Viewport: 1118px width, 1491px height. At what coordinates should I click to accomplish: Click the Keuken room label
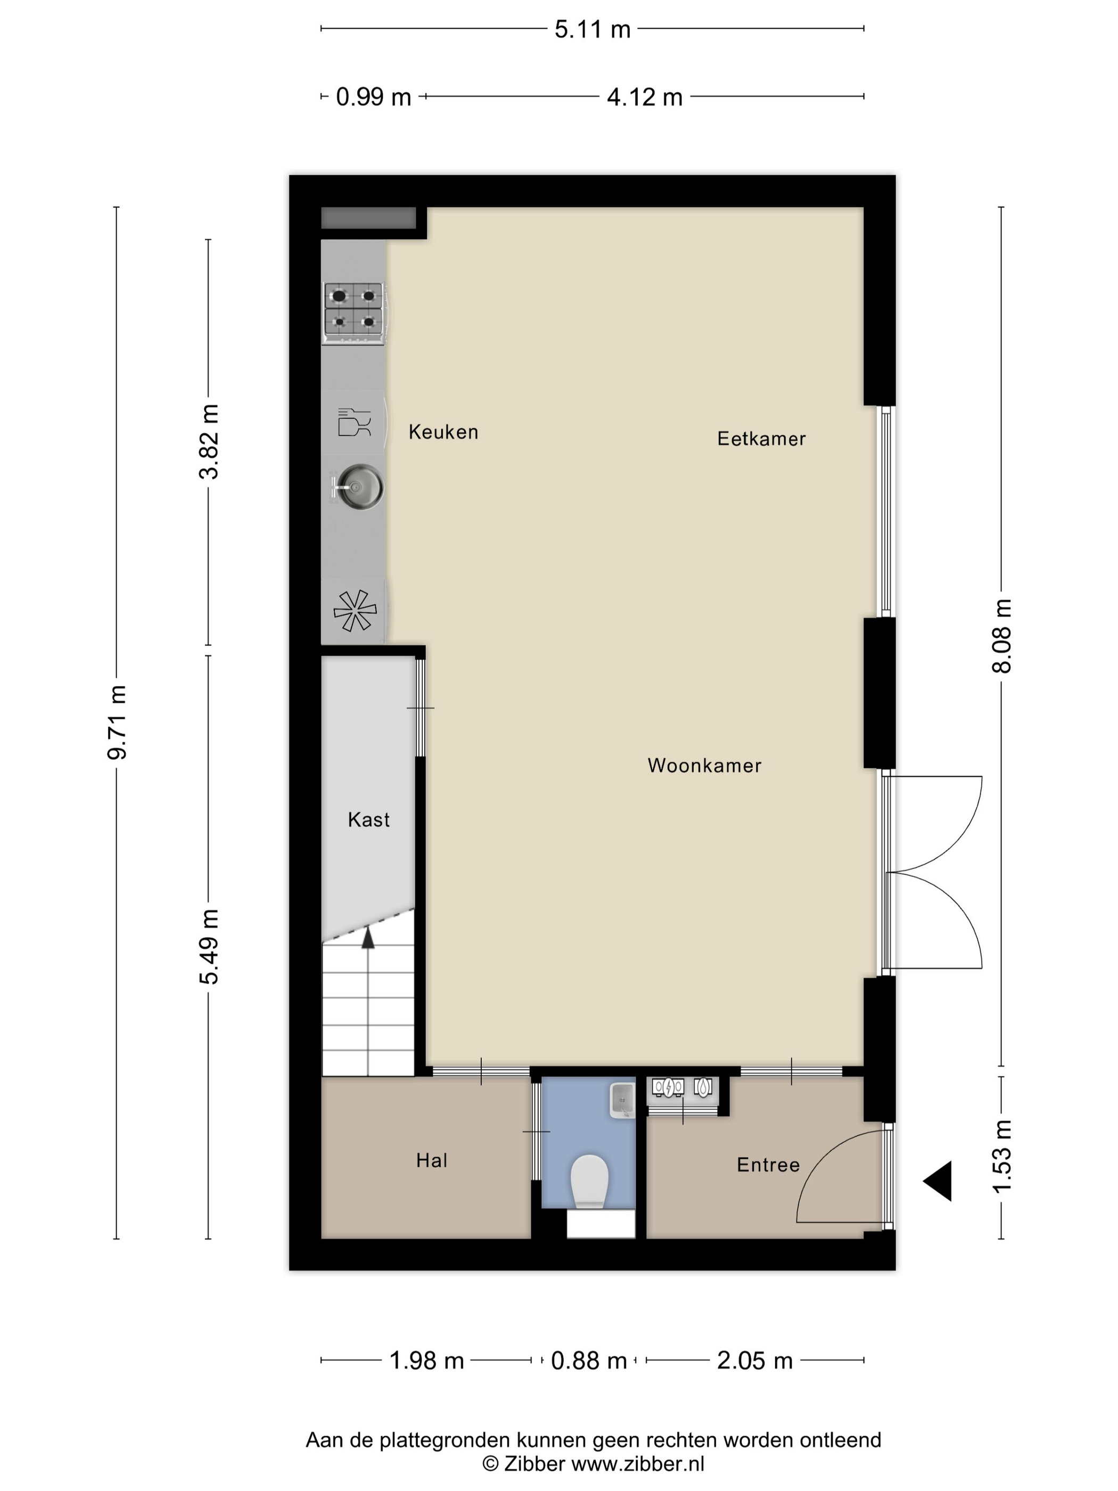[x=443, y=432]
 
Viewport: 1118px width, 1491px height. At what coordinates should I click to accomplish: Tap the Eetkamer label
[x=761, y=439]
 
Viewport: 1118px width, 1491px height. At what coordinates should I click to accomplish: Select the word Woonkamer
[x=704, y=765]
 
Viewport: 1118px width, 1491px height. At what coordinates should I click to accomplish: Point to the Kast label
[x=368, y=820]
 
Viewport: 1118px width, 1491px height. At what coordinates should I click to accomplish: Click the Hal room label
[x=431, y=1160]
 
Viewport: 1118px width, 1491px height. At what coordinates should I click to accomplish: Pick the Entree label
[x=768, y=1165]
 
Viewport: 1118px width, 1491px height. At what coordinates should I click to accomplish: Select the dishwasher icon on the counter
[x=355, y=423]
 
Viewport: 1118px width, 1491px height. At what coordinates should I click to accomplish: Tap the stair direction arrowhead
[x=368, y=938]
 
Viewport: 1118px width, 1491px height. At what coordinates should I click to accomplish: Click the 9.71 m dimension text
[x=117, y=722]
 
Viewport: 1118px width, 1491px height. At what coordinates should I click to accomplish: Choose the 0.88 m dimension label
[x=589, y=1361]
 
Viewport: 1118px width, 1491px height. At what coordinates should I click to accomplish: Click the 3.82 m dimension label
[x=209, y=441]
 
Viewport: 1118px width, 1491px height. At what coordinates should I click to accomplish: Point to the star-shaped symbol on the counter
[x=355, y=611]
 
